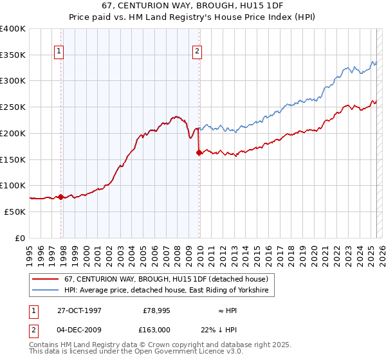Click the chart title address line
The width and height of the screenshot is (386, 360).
point(193,5)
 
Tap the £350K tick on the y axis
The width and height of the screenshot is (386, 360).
point(13,55)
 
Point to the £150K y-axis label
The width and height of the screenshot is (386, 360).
point(13,159)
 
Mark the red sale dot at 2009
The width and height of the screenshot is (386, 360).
point(199,152)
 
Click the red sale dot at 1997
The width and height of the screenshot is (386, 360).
point(61,197)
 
